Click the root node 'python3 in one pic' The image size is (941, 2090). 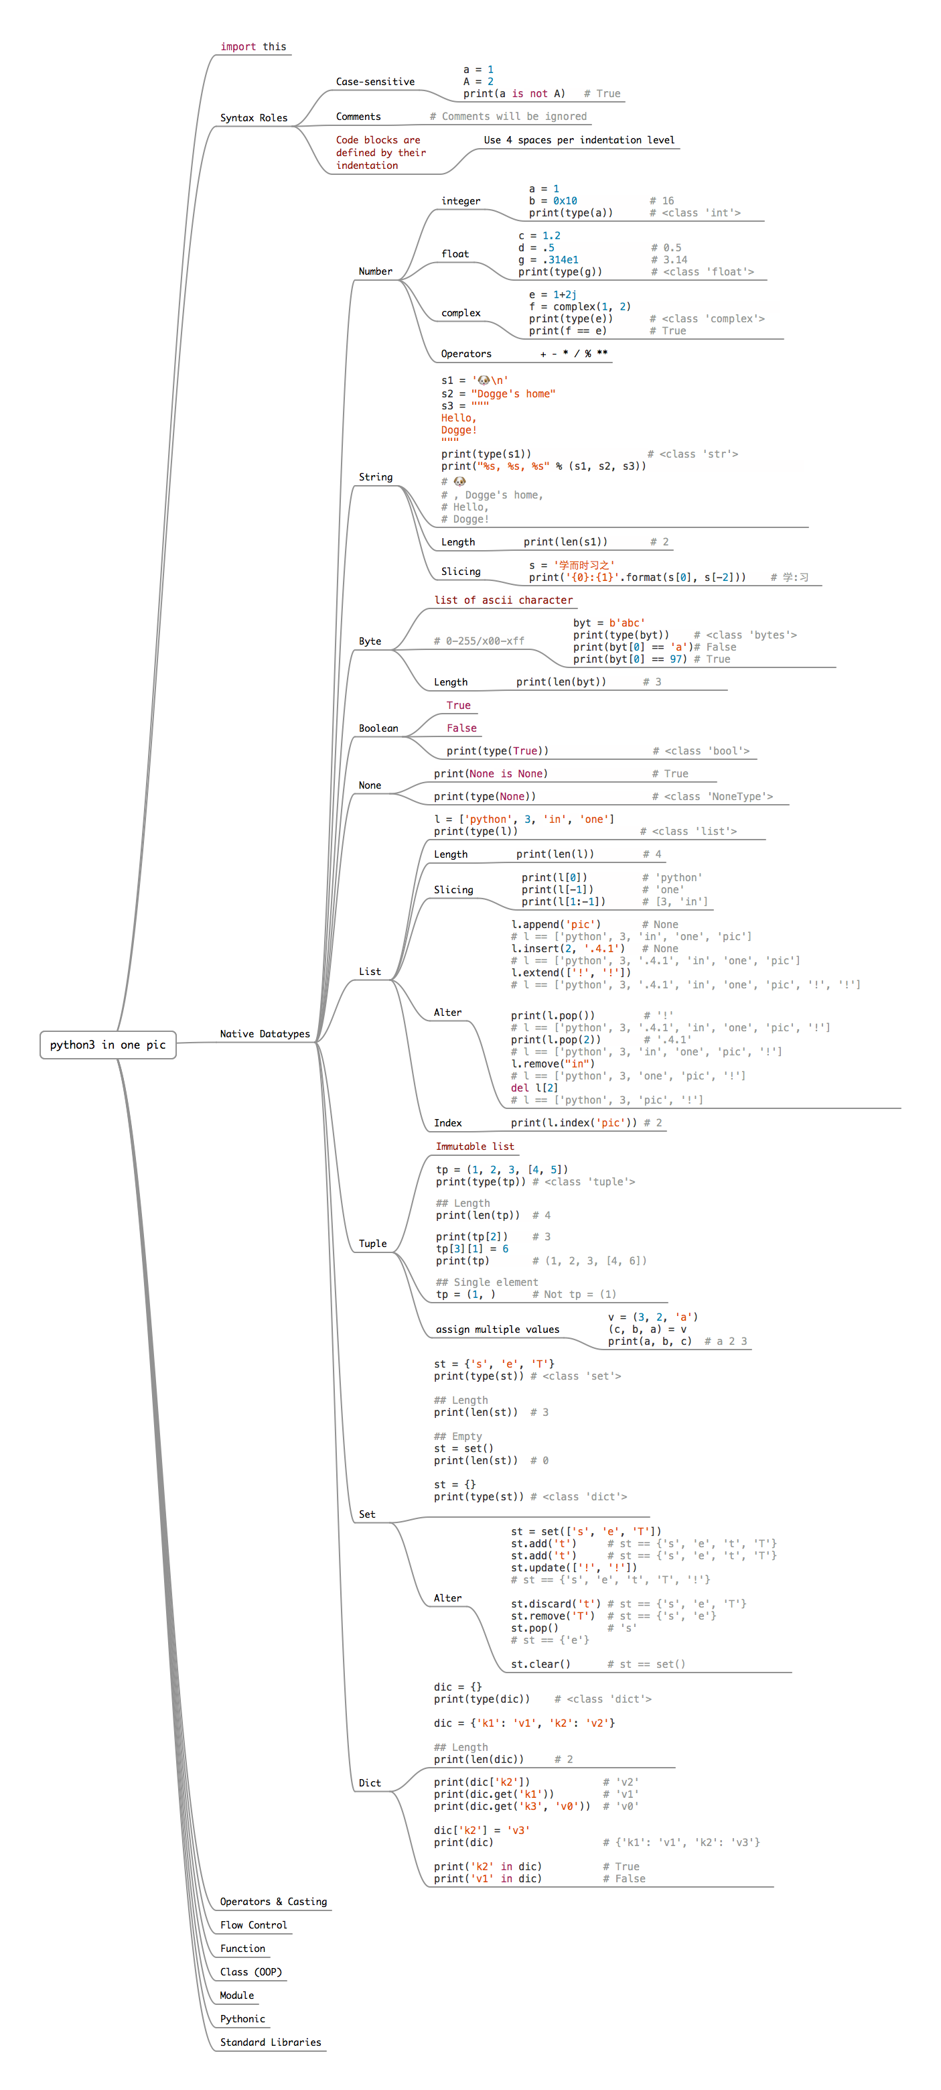(108, 1044)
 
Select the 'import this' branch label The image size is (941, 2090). (253, 47)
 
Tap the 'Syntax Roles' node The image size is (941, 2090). (253, 118)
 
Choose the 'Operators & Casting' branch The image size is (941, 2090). (273, 1901)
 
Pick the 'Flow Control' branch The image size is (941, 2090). (253, 1924)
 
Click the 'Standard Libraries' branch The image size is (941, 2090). (270, 2041)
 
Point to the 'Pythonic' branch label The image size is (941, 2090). (242, 2018)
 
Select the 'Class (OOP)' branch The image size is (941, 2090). (250, 1971)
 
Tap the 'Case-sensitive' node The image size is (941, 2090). (375, 82)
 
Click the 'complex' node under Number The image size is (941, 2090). (461, 313)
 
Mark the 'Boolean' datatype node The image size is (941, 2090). (378, 728)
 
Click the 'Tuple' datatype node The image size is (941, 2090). (372, 1243)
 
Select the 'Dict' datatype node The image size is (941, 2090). (370, 1782)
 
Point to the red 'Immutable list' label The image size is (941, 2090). (475, 1147)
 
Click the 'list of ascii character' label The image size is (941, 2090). (503, 600)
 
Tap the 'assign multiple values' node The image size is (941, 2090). (497, 1329)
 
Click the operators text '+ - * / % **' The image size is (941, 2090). (573, 354)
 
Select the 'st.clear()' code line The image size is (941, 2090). (540, 1664)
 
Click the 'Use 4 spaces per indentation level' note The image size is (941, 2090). (579, 140)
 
